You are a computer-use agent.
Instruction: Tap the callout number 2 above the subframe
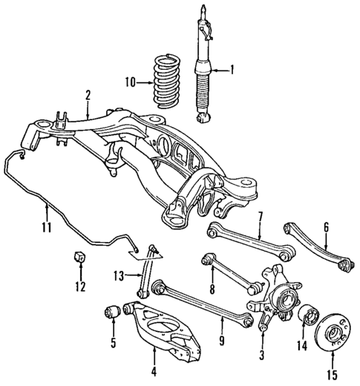pos(88,95)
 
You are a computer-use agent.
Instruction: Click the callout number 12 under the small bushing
pos(79,286)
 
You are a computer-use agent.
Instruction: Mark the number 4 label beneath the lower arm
pos(153,371)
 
